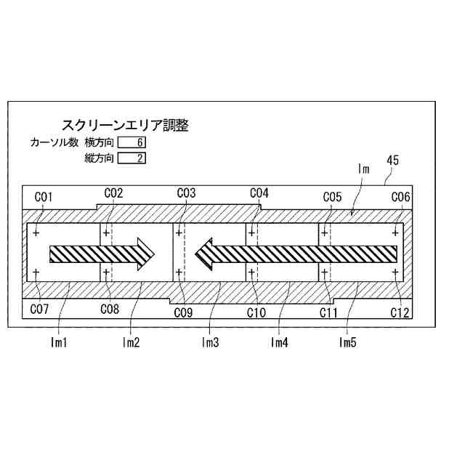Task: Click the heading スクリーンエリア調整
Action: tap(125, 126)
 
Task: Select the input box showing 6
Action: tap(132, 142)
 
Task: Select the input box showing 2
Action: tap(132, 158)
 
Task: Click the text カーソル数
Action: tap(54, 142)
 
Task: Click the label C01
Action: tap(44, 196)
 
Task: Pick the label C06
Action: tap(401, 196)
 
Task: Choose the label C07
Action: tap(40, 310)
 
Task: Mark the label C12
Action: tap(400, 312)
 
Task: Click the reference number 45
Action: tap(392, 161)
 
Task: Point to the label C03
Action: tap(187, 193)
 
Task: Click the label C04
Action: tap(259, 193)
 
